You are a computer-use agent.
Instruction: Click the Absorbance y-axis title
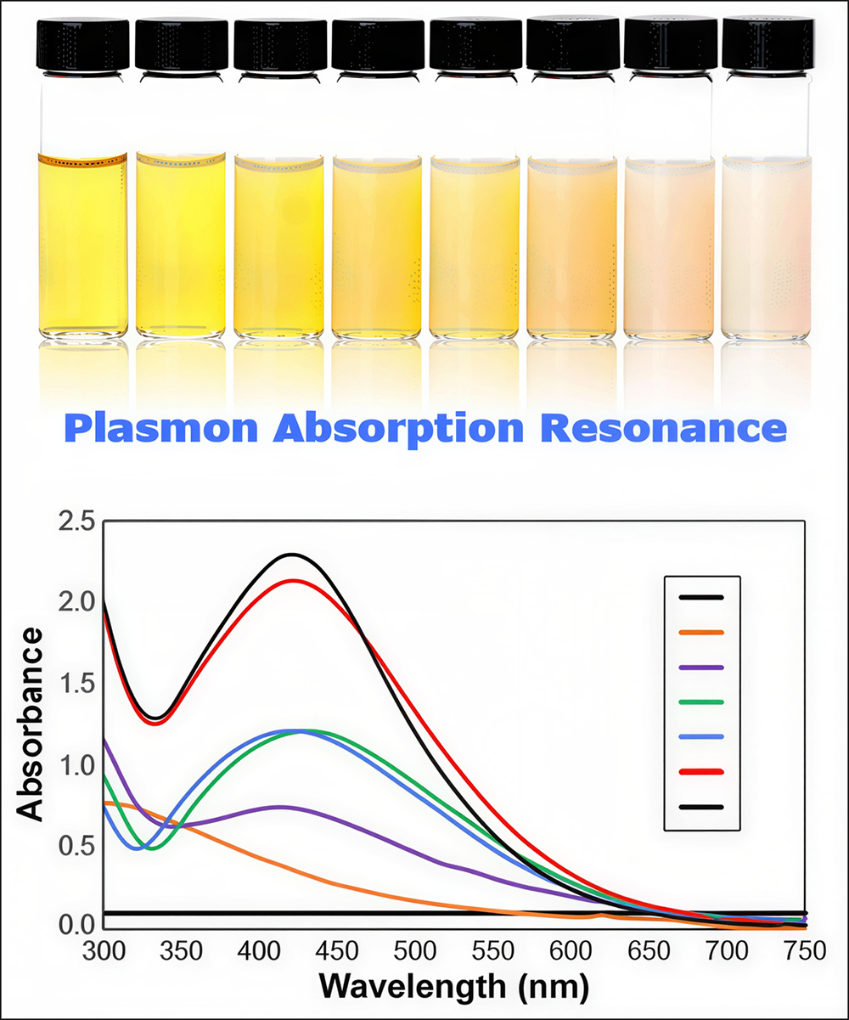31,724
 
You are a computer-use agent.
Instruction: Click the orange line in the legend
701,632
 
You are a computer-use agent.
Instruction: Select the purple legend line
701,668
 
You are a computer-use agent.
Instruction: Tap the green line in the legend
701,702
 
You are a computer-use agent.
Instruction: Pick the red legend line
701,771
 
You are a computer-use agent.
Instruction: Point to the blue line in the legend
701,737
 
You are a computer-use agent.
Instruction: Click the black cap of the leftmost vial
82,44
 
